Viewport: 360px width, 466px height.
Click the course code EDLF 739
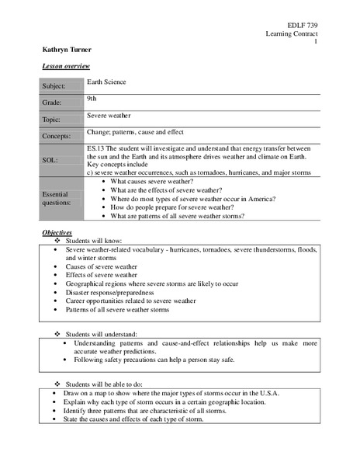tap(301, 26)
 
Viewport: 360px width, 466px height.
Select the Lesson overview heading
tap(65, 67)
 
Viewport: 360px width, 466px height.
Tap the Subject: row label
tap(54, 86)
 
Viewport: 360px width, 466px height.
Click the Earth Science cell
tap(106, 81)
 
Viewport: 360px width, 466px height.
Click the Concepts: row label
tap(56, 136)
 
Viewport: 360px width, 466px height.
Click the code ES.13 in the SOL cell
tap(97, 148)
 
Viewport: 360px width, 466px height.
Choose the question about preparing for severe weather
tap(183, 207)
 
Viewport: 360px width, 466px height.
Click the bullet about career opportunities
tap(130, 300)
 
